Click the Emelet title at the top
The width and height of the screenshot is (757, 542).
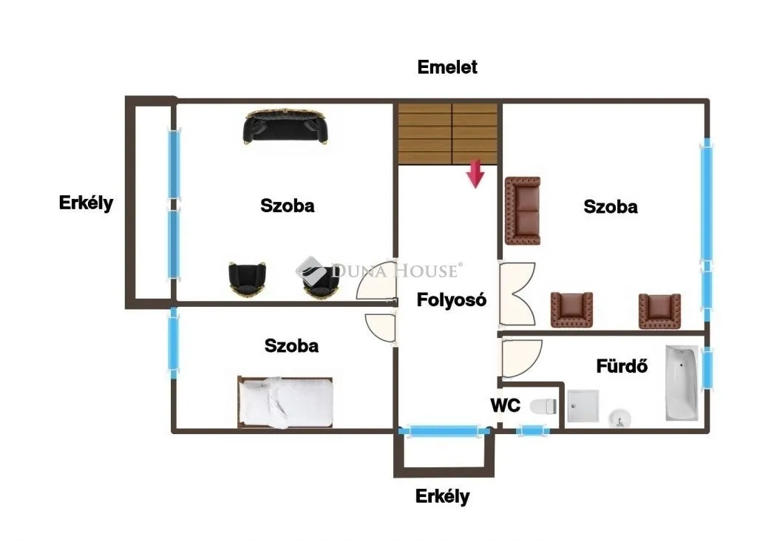tap(447, 67)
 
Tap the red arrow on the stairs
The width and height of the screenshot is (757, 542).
tap(475, 174)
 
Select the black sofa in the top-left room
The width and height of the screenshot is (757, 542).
tap(285, 127)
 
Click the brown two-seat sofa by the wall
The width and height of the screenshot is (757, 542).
tap(523, 211)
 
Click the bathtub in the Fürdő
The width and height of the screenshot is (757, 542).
tap(681, 382)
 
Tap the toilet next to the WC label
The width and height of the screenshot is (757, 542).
tap(543, 405)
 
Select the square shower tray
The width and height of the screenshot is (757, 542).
tap(583, 407)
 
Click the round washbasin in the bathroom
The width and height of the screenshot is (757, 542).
tap(619, 419)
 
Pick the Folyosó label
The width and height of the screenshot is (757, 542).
tap(452, 300)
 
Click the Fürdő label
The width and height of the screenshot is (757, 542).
tap(622, 365)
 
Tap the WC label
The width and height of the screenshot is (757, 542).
tap(506, 405)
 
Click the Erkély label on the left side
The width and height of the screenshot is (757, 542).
tap(86, 203)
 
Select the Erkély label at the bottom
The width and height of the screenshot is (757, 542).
tap(442, 496)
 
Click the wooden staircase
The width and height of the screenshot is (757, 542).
tap(447, 133)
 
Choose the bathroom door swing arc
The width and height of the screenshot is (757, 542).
tap(520, 358)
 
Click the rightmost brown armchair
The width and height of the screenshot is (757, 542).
tap(659, 310)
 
